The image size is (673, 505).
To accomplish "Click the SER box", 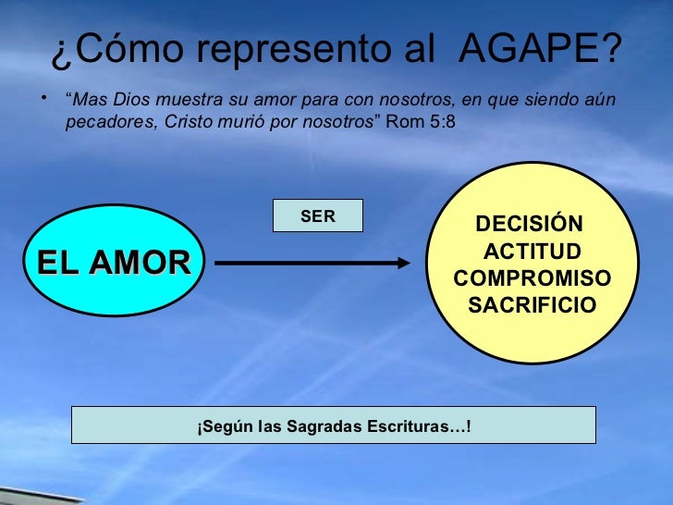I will click(x=318, y=216).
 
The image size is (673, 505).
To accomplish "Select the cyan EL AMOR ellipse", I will click(x=114, y=263).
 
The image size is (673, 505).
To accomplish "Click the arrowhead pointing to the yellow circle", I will click(x=403, y=263).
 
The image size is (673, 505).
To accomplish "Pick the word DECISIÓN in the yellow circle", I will click(x=529, y=226).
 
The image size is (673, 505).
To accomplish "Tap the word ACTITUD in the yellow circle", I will click(x=532, y=252).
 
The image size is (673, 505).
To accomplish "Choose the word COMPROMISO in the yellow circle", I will click(x=532, y=278).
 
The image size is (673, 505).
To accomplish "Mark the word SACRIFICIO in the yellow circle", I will click(x=532, y=305).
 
